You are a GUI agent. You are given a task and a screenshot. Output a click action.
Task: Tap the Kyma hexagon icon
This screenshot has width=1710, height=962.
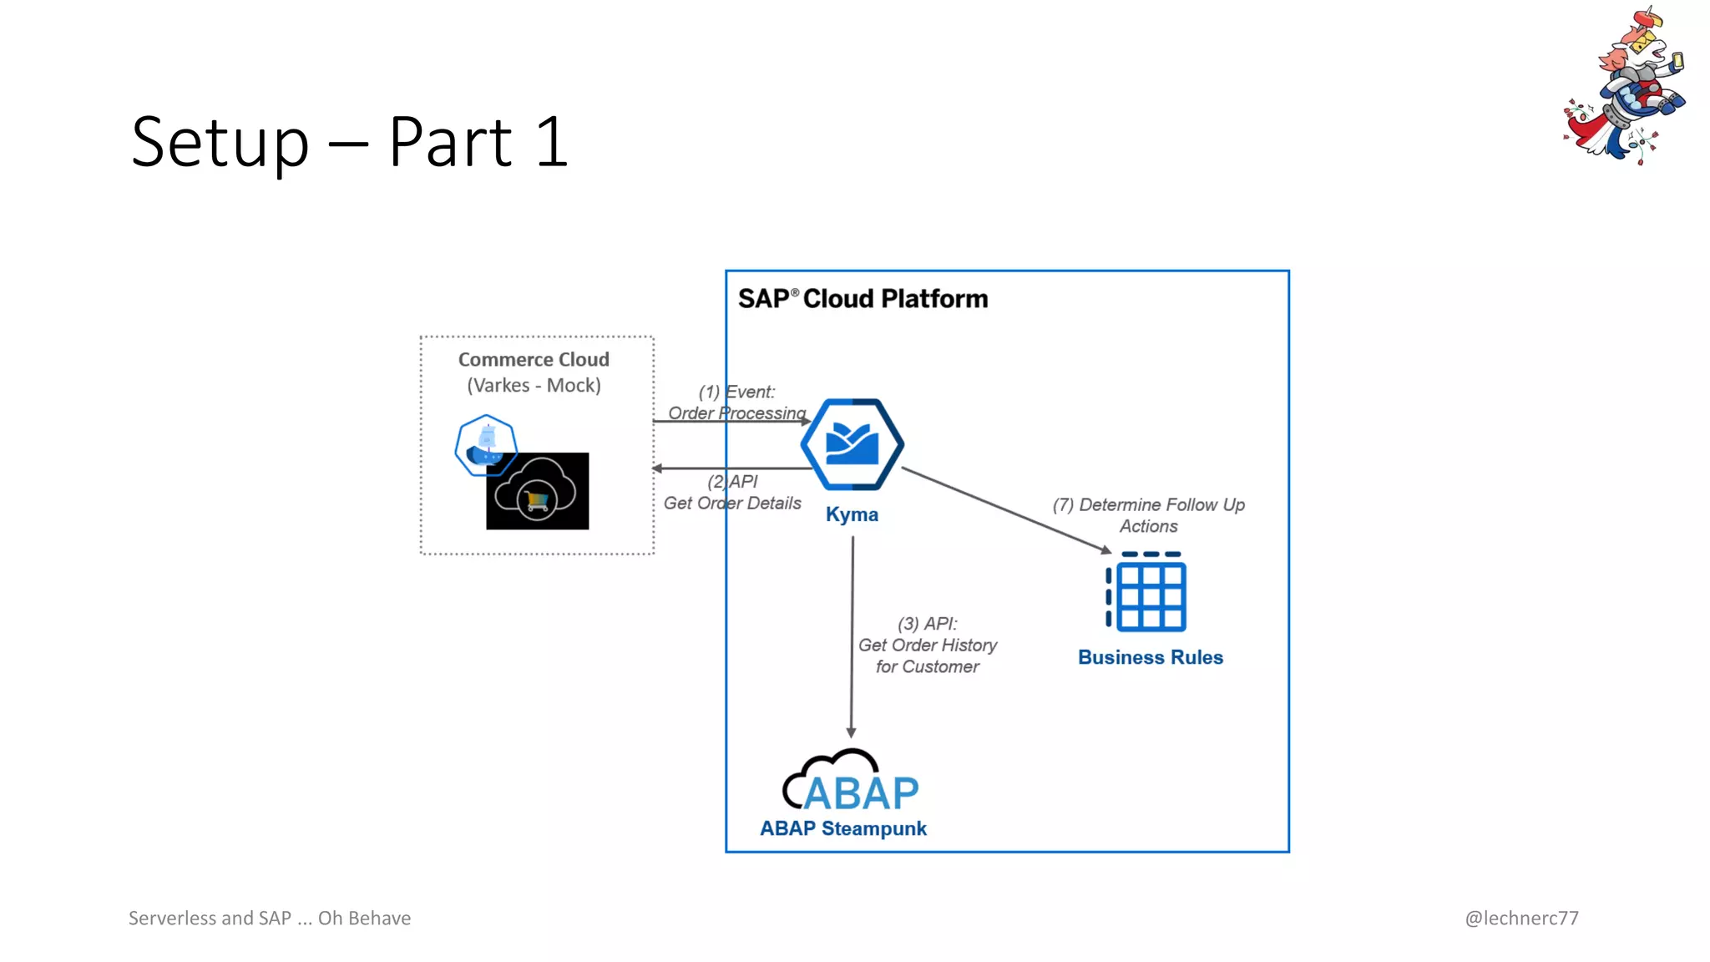pos(852,444)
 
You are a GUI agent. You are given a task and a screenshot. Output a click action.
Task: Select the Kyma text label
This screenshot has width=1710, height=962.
pos(852,514)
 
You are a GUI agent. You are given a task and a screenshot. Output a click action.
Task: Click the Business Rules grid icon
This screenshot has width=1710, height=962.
pos(1147,592)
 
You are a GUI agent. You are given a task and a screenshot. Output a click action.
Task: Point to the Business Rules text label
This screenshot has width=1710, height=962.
pos(1150,657)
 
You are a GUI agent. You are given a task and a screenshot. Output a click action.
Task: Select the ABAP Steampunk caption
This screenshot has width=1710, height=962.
pos(842,828)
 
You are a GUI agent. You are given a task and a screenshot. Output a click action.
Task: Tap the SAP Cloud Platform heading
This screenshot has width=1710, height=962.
pos(863,299)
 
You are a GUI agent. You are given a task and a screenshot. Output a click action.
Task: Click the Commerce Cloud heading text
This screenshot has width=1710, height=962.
pos(534,360)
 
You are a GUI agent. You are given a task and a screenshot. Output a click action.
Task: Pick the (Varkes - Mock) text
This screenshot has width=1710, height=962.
pos(534,386)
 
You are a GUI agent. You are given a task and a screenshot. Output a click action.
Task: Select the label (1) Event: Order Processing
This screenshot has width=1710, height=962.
pos(736,403)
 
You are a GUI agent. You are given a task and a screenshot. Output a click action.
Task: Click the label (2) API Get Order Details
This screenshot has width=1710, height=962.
pos(732,493)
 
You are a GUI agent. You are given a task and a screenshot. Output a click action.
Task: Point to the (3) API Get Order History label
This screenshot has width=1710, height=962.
pos(927,645)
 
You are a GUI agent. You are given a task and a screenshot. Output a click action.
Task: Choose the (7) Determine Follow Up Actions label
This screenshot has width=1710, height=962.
pos(1148,515)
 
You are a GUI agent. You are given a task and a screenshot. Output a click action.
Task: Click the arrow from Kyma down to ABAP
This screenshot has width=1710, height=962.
pos(852,635)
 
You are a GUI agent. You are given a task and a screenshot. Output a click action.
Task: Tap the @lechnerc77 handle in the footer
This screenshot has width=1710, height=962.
pos(1521,918)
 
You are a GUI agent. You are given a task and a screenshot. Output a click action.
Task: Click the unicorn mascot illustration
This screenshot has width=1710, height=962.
pos(1624,88)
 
